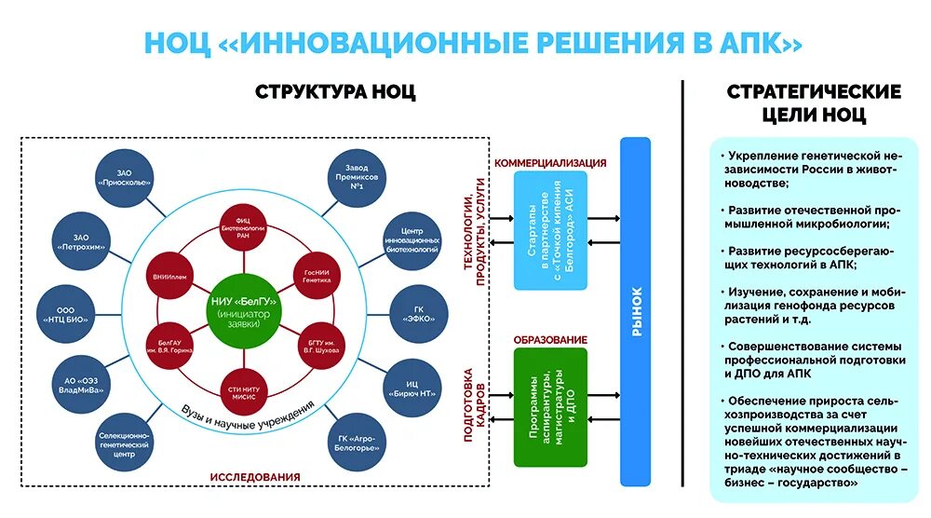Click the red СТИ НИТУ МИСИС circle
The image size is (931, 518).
[x=243, y=391]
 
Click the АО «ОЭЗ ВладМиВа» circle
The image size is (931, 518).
[x=82, y=384]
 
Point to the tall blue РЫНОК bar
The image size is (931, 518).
[x=636, y=312]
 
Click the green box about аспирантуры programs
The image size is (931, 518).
[x=550, y=407]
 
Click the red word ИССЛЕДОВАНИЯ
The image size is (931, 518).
[x=254, y=477]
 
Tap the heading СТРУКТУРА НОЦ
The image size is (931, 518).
[x=335, y=92]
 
